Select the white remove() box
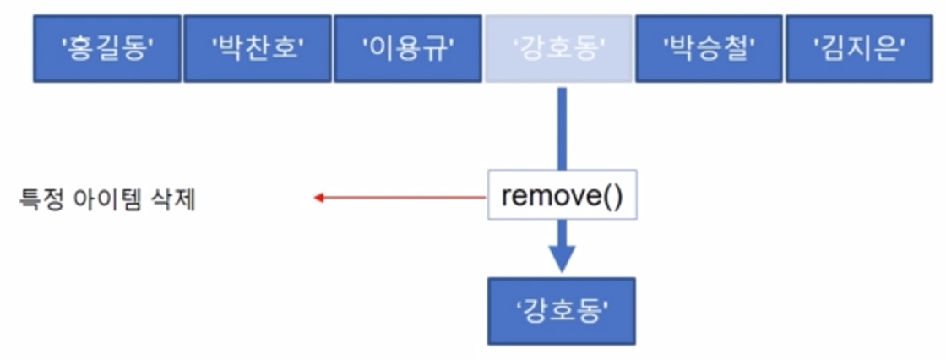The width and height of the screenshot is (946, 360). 561,197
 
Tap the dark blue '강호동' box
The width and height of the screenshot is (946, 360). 562,310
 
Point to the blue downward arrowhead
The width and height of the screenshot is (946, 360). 562,258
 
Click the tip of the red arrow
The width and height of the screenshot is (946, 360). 317,198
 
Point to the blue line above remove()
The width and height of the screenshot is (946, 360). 562,127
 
